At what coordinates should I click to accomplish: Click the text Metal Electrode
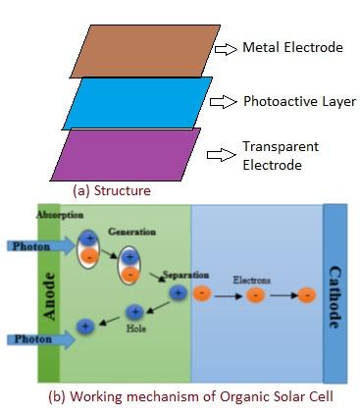(x=291, y=48)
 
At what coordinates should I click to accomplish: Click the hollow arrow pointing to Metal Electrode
(x=224, y=48)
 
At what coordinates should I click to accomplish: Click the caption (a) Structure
(x=112, y=190)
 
